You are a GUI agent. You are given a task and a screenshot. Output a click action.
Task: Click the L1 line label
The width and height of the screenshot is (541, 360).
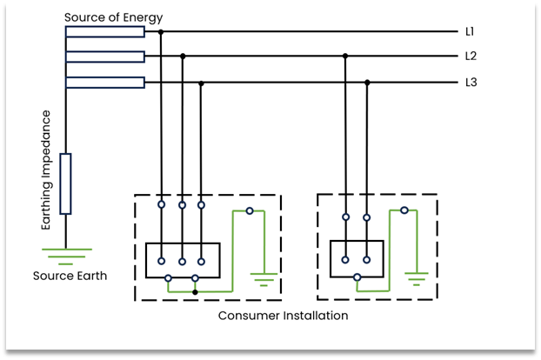pyautogui.click(x=470, y=31)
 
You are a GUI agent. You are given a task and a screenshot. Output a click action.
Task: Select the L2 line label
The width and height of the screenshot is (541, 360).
pyautogui.click(x=471, y=57)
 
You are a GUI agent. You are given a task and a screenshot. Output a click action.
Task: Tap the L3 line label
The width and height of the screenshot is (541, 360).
pyautogui.click(x=471, y=83)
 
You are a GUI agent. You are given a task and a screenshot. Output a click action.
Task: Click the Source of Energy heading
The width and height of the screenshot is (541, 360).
pyautogui.click(x=113, y=17)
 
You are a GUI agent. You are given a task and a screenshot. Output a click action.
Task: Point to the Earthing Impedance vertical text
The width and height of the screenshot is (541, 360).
pyautogui.click(x=47, y=170)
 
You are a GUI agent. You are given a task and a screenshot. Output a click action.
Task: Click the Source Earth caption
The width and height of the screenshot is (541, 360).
pyautogui.click(x=70, y=277)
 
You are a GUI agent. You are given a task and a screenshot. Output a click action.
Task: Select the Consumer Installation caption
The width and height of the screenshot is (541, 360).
pyautogui.click(x=283, y=316)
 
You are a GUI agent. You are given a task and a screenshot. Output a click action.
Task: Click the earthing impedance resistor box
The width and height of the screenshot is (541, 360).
pyautogui.click(x=65, y=183)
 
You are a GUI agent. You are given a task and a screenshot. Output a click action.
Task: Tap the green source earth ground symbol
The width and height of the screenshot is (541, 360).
pyautogui.click(x=66, y=255)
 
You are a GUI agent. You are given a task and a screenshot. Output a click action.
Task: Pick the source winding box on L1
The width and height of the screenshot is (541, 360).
pyautogui.click(x=104, y=31)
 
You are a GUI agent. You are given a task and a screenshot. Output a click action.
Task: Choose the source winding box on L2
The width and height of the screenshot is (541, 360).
pyautogui.click(x=104, y=57)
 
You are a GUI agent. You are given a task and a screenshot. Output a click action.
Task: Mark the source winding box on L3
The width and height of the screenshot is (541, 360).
pyautogui.click(x=104, y=83)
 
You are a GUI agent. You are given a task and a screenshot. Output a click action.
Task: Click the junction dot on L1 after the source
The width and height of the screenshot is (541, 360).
pyautogui.click(x=161, y=31)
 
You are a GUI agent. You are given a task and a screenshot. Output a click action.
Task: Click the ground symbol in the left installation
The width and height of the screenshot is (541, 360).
pyautogui.click(x=263, y=280)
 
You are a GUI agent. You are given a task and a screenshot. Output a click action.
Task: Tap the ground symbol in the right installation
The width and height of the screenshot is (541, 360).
pyautogui.click(x=417, y=280)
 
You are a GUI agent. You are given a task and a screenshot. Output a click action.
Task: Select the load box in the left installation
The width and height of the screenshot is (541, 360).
pyautogui.click(x=183, y=260)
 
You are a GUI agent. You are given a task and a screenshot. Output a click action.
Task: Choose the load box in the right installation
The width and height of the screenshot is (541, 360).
pyautogui.click(x=357, y=258)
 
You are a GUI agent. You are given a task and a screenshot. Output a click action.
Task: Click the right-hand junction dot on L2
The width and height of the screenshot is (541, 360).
pyautogui.click(x=345, y=57)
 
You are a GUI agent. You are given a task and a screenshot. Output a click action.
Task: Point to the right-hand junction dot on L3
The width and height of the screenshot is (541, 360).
pyautogui.click(x=367, y=83)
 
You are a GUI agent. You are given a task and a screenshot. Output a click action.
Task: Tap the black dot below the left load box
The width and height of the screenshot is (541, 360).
pyautogui.click(x=195, y=292)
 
